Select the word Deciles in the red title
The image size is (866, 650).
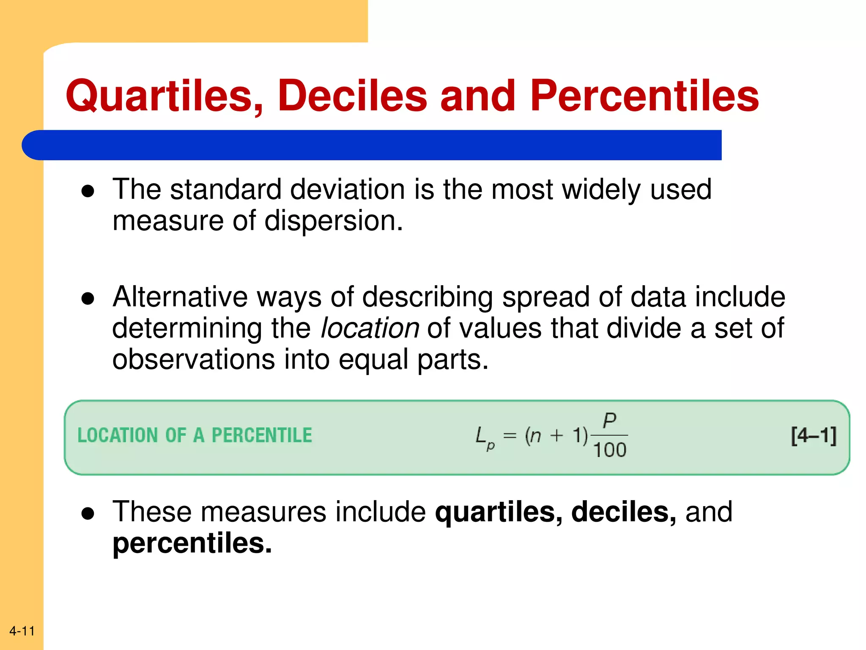pos(352,96)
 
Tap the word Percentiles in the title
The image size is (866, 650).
pos(644,96)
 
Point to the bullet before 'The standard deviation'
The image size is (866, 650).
pos(88,191)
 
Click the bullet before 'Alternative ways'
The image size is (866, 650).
pos(88,299)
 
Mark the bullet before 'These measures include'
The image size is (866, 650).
pos(88,514)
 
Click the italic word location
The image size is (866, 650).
pos(370,328)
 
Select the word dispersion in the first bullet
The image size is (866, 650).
pos(333,221)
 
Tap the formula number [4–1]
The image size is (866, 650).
pos(814,436)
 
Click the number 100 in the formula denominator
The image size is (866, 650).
pos(609,450)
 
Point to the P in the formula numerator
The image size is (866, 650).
pos(609,420)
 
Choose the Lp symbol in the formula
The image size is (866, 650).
pos(485,438)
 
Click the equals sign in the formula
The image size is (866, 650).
pos(510,435)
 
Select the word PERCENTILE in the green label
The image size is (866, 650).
pos(262,435)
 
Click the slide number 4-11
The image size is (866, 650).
pos(22,631)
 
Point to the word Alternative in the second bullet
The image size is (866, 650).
pos(179,297)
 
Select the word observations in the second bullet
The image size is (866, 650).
pos(194,360)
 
